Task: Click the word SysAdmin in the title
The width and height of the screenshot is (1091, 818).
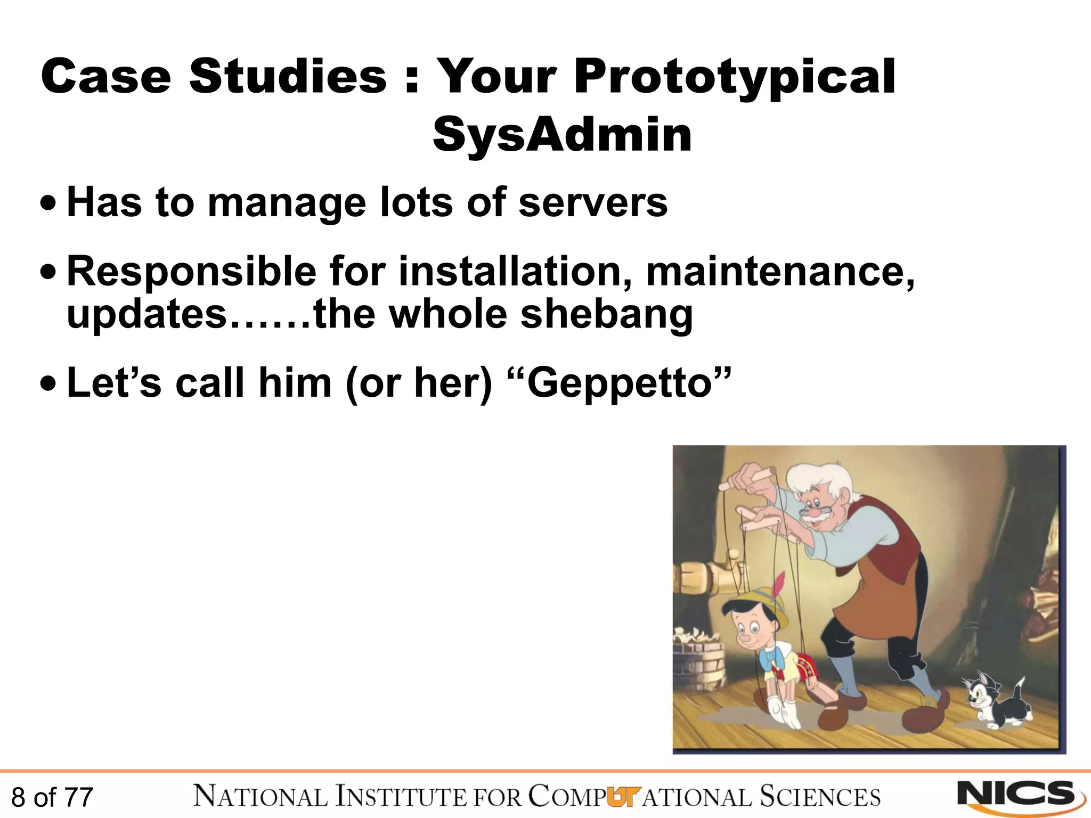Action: pos(562,135)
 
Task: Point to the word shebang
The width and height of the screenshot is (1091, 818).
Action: pos(606,314)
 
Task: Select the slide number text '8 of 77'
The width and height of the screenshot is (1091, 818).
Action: pos(52,797)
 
